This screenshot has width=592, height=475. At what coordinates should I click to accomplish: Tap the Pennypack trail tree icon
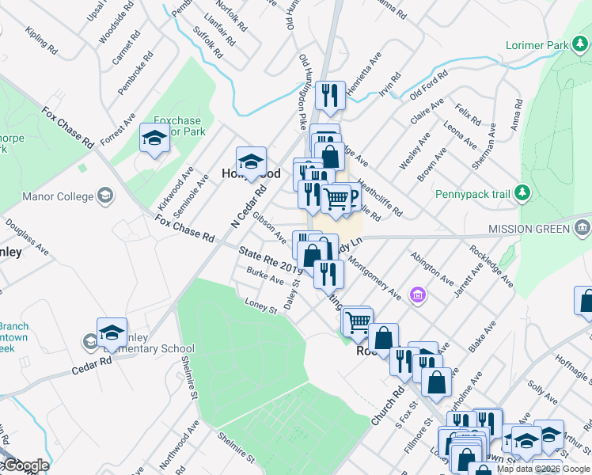[x=522, y=192]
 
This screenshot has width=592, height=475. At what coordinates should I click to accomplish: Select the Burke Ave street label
[x=264, y=276]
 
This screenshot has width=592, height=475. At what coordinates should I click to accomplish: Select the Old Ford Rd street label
[x=430, y=85]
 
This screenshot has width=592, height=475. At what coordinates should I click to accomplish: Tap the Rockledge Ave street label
[x=491, y=266]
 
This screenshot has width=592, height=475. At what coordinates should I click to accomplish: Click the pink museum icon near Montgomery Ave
[x=417, y=296]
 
